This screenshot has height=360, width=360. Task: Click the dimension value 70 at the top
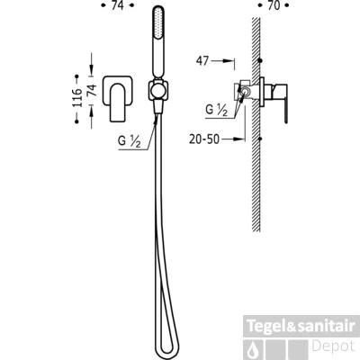click(x=274, y=5)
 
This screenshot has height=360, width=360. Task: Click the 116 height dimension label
click(x=77, y=98)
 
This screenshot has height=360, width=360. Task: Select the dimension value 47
click(x=202, y=60)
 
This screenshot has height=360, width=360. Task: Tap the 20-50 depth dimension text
click(x=204, y=139)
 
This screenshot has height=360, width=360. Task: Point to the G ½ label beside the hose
click(x=130, y=141)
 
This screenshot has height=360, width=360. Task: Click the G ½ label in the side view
click(x=216, y=110)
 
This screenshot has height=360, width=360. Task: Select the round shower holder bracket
click(x=158, y=90)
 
